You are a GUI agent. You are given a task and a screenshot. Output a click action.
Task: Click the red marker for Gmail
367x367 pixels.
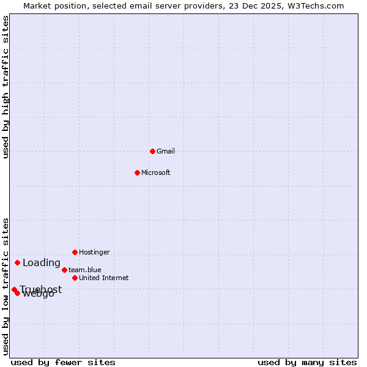[x=152, y=151]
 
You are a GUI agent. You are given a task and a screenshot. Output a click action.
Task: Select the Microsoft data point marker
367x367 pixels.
[x=137, y=172]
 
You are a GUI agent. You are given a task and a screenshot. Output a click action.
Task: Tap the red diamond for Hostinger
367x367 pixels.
[x=75, y=252]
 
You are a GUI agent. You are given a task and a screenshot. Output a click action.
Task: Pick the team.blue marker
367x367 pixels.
[x=64, y=270]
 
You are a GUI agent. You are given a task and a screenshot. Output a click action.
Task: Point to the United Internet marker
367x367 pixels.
[x=75, y=278]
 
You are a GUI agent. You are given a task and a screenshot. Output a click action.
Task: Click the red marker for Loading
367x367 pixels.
[x=17, y=263]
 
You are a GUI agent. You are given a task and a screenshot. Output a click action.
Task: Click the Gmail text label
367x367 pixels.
[x=166, y=151]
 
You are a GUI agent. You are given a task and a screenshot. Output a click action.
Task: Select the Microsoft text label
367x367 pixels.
[x=156, y=172]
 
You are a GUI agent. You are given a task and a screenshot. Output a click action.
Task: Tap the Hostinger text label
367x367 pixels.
[x=95, y=252]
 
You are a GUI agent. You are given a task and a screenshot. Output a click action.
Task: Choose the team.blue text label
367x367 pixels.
[x=85, y=270]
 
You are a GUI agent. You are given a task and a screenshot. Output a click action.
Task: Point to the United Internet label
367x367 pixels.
[x=104, y=278]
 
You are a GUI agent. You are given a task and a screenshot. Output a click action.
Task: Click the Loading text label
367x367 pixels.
[x=42, y=263]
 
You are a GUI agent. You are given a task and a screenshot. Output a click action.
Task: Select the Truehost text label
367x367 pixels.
[x=40, y=289]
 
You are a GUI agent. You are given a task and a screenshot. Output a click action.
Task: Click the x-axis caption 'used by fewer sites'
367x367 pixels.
[x=63, y=362]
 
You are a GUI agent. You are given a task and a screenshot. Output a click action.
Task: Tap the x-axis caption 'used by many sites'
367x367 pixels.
[x=307, y=362]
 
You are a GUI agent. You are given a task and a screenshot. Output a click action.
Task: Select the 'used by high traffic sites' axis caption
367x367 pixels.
[x=6, y=87]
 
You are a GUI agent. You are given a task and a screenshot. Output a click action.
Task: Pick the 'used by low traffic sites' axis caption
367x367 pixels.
[x=6, y=286]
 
